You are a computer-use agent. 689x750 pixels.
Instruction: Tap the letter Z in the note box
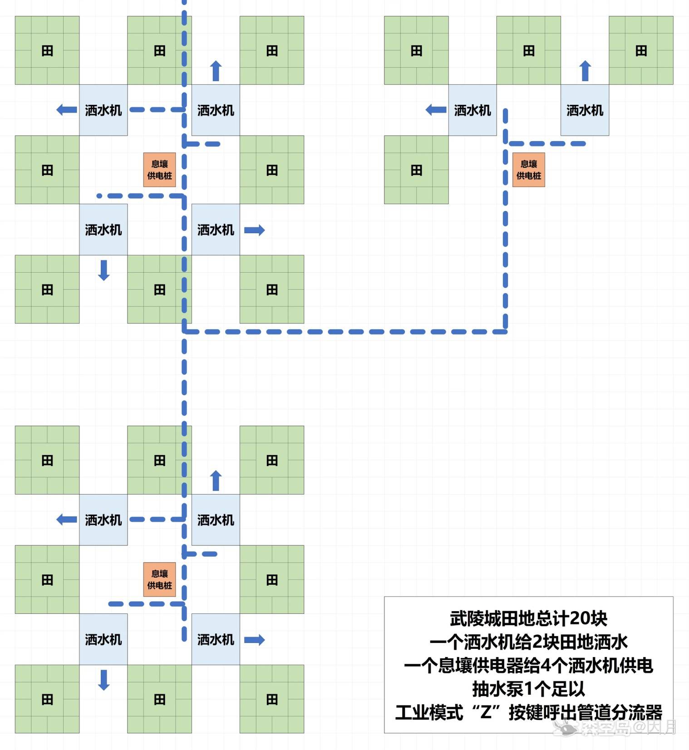click(x=486, y=712)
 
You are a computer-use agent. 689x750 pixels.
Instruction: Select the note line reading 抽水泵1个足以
click(x=528, y=689)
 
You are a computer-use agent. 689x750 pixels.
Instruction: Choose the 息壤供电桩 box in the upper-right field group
click(x=529, y=170)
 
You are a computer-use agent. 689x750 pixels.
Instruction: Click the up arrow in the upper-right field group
click(x=585, y=71)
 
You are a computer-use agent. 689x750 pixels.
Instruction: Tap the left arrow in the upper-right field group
click(x=436, y=110)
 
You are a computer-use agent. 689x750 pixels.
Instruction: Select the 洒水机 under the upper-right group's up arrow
click(x=585, y=110)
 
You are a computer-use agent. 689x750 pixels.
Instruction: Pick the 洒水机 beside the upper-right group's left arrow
click(x=472, y=110)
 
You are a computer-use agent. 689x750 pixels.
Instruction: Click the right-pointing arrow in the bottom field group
click(x=254, y=640)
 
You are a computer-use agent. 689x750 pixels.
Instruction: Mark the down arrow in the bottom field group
click(x=104, y=680)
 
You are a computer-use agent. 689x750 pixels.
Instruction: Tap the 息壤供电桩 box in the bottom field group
click(x=160, y=579)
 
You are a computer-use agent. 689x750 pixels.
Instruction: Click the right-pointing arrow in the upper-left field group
click(x=254, y=230)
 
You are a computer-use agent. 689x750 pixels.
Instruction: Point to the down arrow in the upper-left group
click(x=104, y=270)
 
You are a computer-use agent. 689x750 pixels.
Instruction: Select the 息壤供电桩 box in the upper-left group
click(x=160, y=170)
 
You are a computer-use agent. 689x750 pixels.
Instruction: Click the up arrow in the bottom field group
click(x=216, y=480)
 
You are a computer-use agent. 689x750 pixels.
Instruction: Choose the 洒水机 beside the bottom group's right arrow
click(x=216, y=640)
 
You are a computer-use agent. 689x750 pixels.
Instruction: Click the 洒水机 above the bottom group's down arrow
click(x=103, y=640)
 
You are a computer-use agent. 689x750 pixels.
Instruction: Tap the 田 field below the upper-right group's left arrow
click(x=416, y=170)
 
